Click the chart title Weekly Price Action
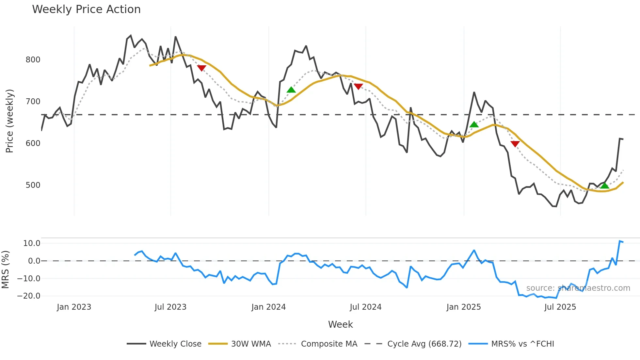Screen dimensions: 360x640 [86, 9]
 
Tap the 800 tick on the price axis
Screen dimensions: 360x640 [33, 60]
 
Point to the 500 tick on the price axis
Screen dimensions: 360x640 [33, 185]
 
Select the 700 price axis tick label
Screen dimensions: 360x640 [33, 102]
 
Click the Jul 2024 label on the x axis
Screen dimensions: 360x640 [365, 307]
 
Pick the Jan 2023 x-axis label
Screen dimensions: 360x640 [74, 307]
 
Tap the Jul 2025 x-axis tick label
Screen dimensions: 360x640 [560, 307]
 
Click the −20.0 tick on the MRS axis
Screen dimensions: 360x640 [29, 296]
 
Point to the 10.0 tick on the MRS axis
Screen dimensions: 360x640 [32, 243]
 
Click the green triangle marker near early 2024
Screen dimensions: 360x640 [291, 90]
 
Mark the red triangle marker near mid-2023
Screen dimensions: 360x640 [201, 68]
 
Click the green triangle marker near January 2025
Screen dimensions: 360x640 [474, 124]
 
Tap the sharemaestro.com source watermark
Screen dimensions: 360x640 [578, 288]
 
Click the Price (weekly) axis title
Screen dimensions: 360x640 [10, 121]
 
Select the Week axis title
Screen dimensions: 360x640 [340, 324]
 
